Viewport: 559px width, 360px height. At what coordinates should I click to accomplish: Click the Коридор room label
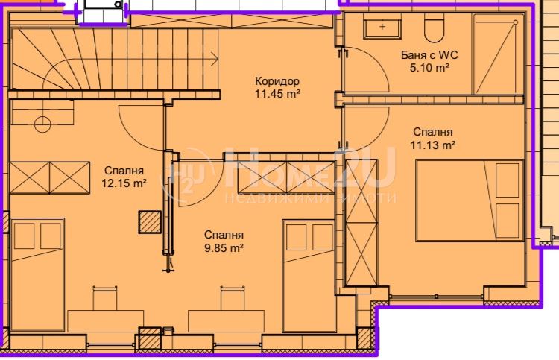[277, 82]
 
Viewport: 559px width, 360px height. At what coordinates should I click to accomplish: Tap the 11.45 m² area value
[277, 94]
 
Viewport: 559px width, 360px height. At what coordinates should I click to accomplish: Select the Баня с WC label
[429, 55]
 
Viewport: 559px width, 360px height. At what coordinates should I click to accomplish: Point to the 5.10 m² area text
[429, 67]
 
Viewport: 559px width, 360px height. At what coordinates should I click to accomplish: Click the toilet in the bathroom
[434, 28]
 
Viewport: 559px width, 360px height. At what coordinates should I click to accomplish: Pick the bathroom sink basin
[382, 26]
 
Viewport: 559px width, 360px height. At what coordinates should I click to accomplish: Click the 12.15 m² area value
[124, 183]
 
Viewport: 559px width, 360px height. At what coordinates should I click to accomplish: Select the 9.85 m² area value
[224, 247]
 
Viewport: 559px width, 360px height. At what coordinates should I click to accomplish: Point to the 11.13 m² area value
[433, 145]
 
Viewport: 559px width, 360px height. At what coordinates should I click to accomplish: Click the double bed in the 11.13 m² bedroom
[470, 200]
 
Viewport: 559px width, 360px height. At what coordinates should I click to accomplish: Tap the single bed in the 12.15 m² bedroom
[37, 275]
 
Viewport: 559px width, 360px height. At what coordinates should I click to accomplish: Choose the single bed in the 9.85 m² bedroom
[309, 276]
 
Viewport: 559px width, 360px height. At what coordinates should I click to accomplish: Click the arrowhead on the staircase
[215, 59]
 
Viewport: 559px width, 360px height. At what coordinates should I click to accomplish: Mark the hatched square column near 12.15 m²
[150, 222]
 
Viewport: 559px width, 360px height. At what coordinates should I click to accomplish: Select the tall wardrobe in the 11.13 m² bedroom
[361, 222]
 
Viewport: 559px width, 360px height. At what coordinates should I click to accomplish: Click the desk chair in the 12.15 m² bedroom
[105, 298]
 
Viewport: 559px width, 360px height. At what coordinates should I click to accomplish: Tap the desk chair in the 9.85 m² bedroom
[232, 298]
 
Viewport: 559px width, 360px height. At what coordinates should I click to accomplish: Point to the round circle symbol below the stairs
[42, 124]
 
